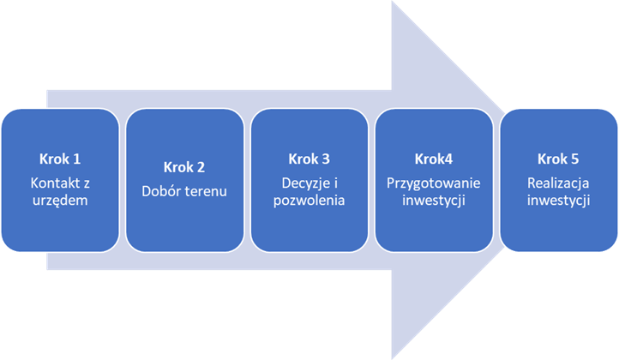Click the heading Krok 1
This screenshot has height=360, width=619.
point(59,159)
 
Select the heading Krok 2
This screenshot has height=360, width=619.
point(184,167)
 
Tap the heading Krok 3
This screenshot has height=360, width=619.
point(309,159)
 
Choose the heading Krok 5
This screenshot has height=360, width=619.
point(559,159)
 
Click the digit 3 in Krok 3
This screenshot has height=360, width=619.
point(326,159)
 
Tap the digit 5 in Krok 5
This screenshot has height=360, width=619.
point(576,159)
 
